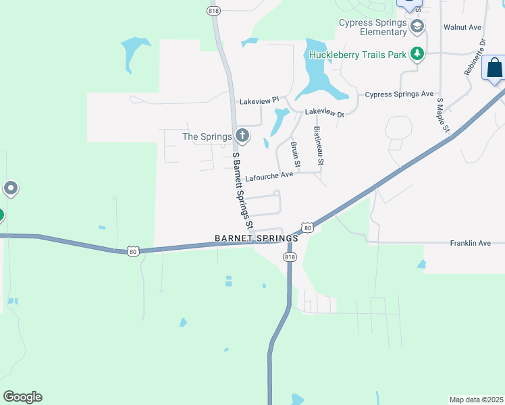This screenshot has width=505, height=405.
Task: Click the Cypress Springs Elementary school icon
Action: (417, 27)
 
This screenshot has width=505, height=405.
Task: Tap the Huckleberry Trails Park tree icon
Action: (418, 54)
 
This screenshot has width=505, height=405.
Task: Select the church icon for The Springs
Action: (242, 136)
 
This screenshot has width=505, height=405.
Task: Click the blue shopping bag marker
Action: (494, 69)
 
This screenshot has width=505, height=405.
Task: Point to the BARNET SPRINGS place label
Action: (256, 238)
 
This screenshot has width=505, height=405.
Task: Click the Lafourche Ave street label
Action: (269, 176)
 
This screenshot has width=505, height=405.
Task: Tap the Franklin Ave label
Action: (470, 243)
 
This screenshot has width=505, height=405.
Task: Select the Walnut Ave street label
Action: (462, 28)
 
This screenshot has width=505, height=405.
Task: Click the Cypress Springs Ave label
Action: (399, 94)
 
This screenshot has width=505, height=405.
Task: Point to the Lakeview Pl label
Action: (259, 101)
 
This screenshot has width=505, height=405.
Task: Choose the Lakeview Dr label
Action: (324, 113)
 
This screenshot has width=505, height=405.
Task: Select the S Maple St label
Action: (443, 115)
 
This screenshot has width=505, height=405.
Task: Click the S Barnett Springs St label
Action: (242, 189)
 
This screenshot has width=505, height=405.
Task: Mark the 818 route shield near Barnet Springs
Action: (290, 257)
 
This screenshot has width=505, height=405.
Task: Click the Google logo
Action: (22, 397)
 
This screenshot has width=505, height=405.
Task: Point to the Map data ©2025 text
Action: (476, 399)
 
